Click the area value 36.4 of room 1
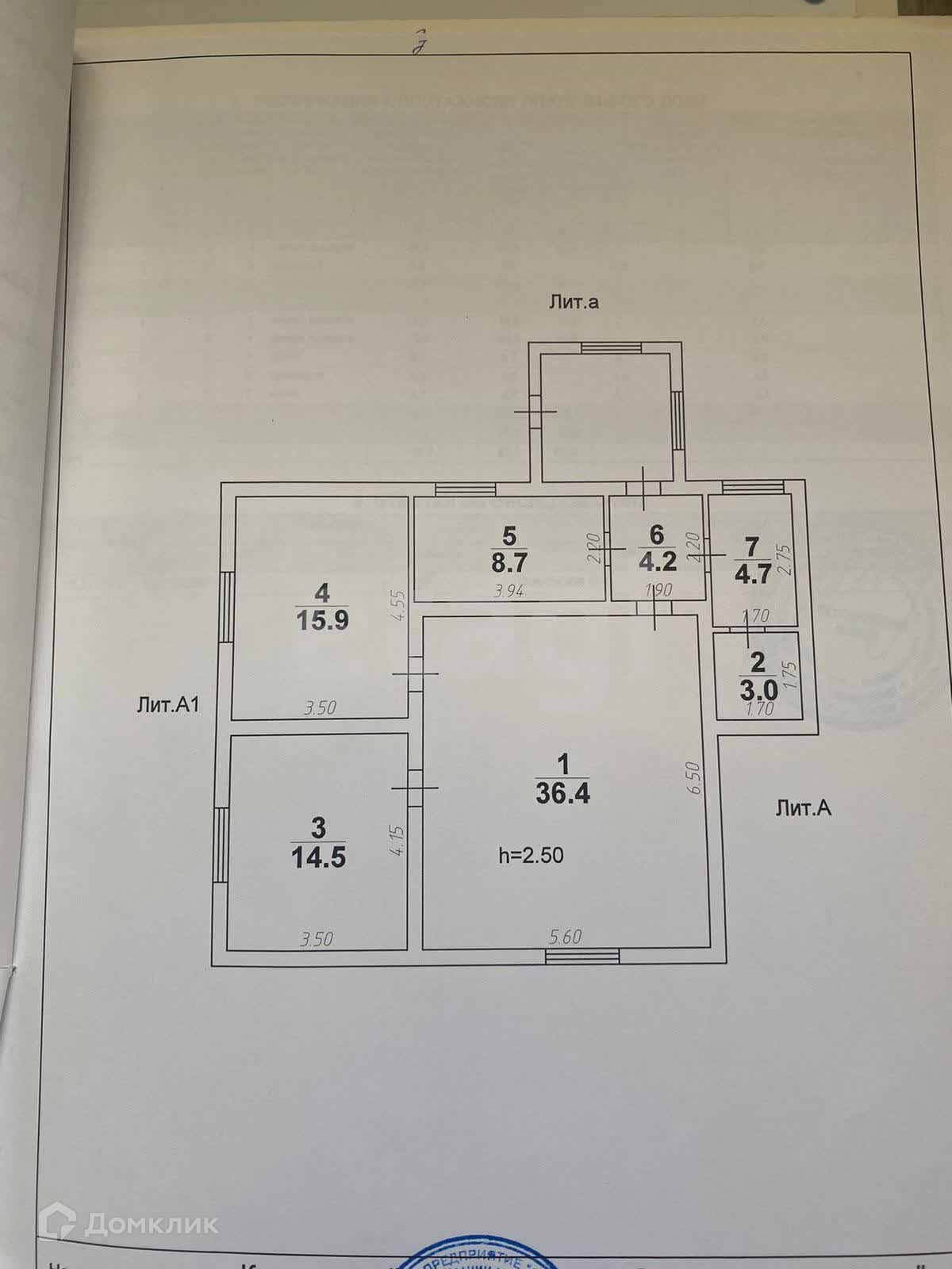tap(562, 794)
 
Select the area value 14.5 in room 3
tap(318, 857)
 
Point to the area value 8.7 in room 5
tap(509, 562)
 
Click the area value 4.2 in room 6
tap(658, 562)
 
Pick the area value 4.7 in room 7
tap(753, 573)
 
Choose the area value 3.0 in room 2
tap(758, 688)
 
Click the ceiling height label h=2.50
tap(531, 854)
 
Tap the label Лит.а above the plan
tap(572, 301)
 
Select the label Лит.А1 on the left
tap(167, 705)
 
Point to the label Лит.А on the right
tap(803, 808)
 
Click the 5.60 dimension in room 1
tap(565, 937)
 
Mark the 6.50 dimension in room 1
tap(696, 778)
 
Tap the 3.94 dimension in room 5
tap(508, 591)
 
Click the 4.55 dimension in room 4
tap(398, 608)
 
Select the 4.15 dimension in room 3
tap(398, 839)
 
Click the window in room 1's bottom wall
tap(582, 957)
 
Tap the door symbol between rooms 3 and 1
tap(415, 788)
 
